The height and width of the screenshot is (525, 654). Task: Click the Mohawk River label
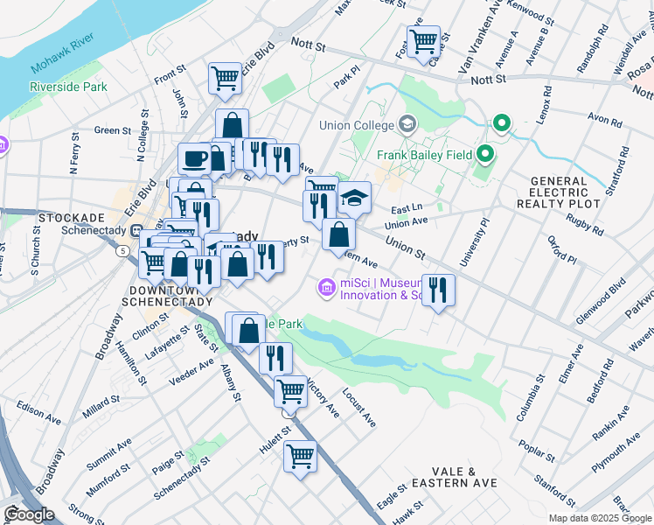pos(60,59)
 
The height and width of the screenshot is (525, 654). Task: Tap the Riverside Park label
pos(68,87)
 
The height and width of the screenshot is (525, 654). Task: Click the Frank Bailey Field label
pos(424,155)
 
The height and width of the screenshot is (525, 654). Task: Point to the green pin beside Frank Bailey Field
pos(486,155)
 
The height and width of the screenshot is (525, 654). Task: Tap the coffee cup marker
pos(194,159)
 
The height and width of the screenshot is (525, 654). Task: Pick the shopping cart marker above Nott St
pos(423,39)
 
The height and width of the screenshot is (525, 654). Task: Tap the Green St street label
pos(112,130)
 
